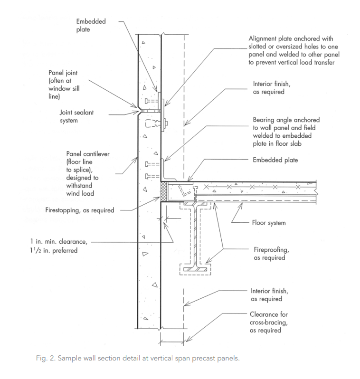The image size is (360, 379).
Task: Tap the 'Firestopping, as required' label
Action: (x=80, y=210)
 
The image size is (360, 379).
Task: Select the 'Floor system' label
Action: (x=269, y=222)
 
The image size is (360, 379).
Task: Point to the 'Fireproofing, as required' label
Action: (x=268, y=254)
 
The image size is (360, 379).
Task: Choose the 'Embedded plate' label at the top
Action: (x=91, y=26)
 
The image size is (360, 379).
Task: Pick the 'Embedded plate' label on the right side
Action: (x=275, y=161)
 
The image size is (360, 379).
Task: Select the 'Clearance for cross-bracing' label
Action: (x=269, y=322)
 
